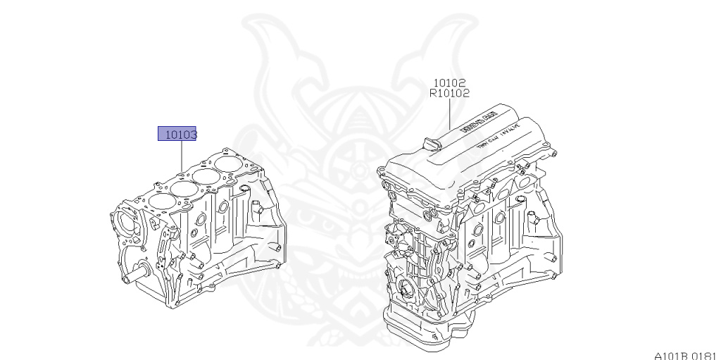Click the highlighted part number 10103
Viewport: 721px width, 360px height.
tap(177, 133)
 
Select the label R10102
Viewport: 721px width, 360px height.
tap(449, 92)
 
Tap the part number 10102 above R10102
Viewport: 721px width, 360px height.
tap(449, 82)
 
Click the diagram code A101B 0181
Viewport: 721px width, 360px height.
tap(684, 354)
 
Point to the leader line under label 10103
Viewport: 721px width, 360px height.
tap(182, 155)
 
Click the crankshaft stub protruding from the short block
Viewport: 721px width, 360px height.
tap(132, 277)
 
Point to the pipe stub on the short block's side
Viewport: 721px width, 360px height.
tap(256, 210)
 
